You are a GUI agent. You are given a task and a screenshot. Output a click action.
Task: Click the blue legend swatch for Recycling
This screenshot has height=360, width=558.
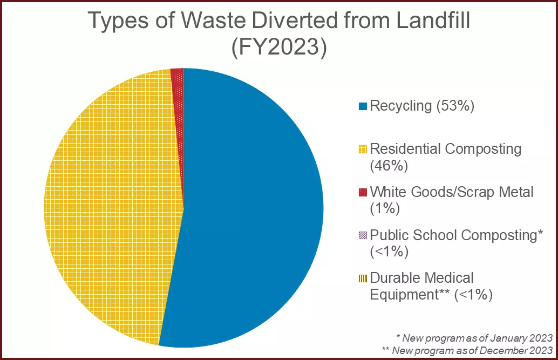(x=363, y=106)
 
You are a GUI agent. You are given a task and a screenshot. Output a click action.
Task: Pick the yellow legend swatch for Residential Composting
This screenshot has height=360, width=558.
(x=363, y=149)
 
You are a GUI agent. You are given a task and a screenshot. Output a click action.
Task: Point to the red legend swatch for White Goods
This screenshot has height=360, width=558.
(x=363, y=192)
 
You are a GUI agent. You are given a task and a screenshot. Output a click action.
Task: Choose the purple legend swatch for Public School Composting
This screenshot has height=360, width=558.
(x=363, y=235)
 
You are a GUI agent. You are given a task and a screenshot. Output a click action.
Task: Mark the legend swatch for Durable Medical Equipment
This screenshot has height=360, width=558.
(x=363, y=278)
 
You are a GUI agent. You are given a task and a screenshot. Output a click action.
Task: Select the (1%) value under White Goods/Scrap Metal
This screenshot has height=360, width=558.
(x=384, y=208)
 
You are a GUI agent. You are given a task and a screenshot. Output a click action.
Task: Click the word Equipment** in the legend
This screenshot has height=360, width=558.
(x=411, y=294)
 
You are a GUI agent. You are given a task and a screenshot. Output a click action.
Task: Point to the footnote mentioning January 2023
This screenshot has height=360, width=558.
(x=474, y=338)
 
